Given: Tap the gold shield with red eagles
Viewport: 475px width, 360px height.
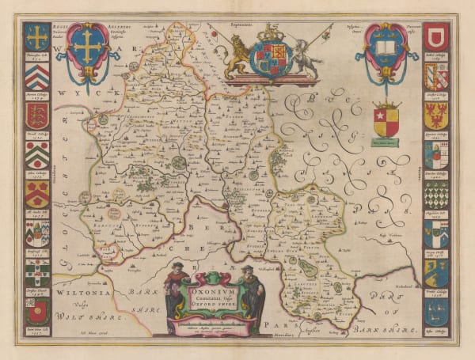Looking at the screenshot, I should tap(436, 116).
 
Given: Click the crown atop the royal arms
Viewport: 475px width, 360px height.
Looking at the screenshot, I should tap(271, 33).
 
